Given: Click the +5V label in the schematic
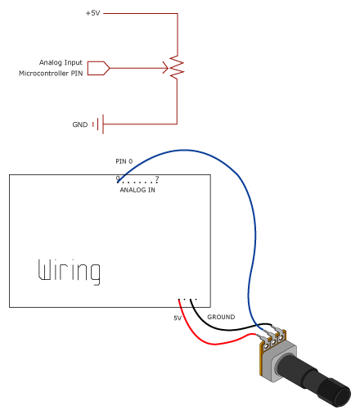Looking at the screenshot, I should [x=92, y=14].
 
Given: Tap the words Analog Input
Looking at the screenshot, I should [x=61, y=62].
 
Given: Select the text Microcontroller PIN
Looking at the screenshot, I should [x=51, y=74].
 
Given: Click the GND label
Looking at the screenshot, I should [x=79, y=125].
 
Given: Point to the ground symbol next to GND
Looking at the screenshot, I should [x=101, y=124].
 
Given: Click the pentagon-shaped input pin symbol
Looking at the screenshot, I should [x=97, y=68].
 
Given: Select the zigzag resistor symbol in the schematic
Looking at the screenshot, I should [x=176, y=68].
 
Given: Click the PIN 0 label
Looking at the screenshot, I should [x=124, y=161].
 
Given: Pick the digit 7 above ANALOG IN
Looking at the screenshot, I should [x=156, y=178].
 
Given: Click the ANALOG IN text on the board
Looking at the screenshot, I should [x=137, y=189].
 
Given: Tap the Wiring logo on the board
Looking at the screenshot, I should [x=70, y=272].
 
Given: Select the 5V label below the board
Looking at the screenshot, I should [x=177, y=318].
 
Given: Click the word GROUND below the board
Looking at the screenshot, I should [x=221, y=317].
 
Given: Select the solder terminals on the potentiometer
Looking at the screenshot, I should [x=272, y=334].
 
